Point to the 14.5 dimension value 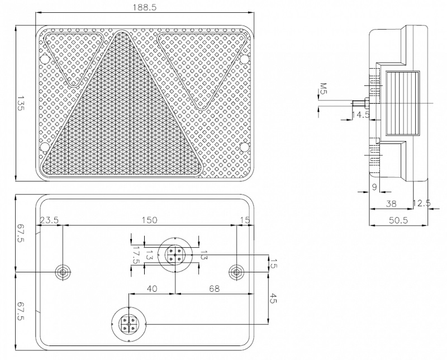[360, 115]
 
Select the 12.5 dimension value [422, 204]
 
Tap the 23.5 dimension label [49, 220]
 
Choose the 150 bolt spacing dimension [149, 220]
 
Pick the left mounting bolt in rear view [63, 272]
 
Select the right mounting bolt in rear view [236, 272]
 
